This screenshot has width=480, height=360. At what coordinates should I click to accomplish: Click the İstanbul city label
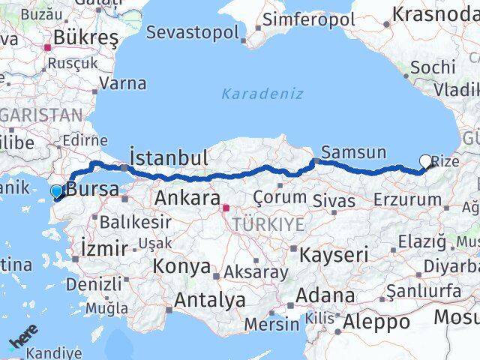169,157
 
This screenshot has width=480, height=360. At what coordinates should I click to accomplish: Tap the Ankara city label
187,199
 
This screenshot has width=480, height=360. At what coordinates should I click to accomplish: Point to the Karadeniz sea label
262,94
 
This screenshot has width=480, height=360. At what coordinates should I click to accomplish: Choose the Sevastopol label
193,32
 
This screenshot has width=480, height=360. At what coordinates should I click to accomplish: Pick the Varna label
122,83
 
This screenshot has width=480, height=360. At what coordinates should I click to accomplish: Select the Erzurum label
407,199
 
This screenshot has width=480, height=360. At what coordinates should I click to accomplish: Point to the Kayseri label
334,254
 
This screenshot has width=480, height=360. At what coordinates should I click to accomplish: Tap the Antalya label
210,301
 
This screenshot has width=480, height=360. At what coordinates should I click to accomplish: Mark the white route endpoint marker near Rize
426,160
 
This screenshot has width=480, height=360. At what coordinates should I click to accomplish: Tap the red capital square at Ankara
226,206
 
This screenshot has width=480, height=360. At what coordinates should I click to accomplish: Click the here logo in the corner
22,342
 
